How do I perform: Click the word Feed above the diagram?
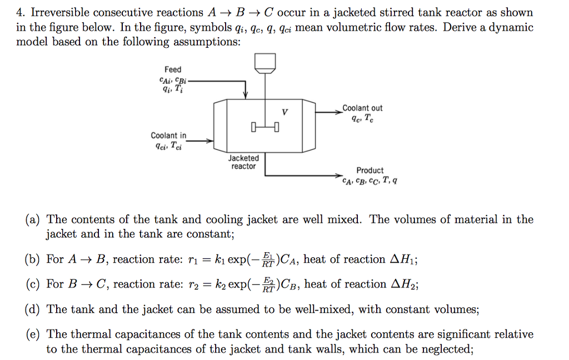(173, 69)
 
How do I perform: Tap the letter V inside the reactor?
(285, 113)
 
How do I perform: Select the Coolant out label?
(362, 108)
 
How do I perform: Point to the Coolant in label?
(169, 136)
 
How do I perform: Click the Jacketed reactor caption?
(243, 162)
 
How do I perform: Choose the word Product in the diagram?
(370, 170)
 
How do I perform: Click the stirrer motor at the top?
(265, 62)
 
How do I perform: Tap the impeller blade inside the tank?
(264, 129)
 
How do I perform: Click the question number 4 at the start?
(20, 12)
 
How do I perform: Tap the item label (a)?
(31, 219)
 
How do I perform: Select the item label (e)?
(31, 334)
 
